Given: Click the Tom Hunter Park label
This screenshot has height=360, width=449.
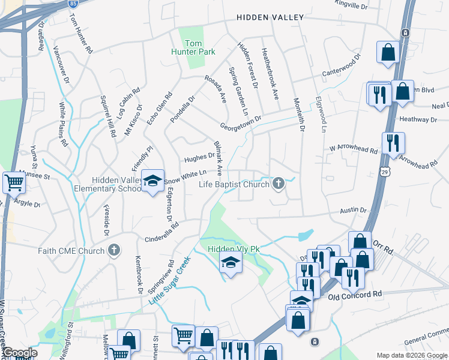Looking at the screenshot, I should click(x=193, y=47).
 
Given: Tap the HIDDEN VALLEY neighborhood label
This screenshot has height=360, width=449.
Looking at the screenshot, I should click(x=270, y=17).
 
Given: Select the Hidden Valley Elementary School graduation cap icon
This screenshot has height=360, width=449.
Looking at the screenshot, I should click(x=153, y=180).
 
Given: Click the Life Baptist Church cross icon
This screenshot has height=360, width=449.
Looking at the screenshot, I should click(x=278, y=184).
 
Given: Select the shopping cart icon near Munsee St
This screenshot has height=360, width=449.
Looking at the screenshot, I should click(x=14, y=182).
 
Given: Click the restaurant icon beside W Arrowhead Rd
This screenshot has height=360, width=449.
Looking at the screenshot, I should click(x=393, y=143).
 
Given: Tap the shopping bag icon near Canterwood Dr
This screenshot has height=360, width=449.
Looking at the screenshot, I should click(x=388, y=52).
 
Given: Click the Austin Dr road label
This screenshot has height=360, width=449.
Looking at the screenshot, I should click(x=354, y=211).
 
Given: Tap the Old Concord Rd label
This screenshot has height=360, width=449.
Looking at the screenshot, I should click(x=355, y=295).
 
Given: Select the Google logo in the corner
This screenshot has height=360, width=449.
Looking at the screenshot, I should click(x=20, y=353).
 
